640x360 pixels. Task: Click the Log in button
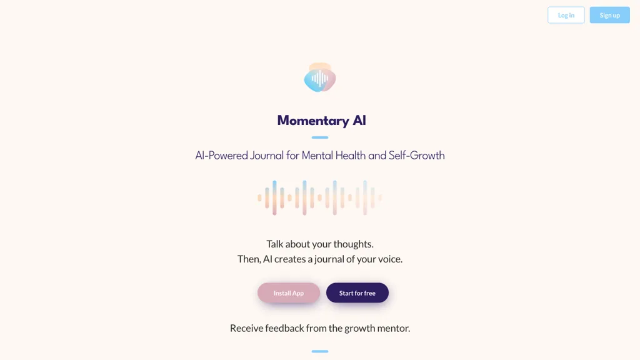(566, 15)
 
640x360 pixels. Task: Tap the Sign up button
(609, 15)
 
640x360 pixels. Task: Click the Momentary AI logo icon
(320, 77)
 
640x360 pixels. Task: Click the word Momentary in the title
(313, 121)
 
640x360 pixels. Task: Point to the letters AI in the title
(359, 121)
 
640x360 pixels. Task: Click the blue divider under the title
(320, 137)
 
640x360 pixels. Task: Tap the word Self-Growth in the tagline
(416, 156)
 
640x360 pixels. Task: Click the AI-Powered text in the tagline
(222, 156)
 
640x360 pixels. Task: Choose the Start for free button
(357, 292)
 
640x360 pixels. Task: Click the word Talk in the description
(275, 244)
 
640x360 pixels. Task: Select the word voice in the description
(390, 259)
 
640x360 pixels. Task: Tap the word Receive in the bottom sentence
(246, 328)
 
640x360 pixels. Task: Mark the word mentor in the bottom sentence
(394, 328)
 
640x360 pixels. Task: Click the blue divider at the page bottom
(320, 351)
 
